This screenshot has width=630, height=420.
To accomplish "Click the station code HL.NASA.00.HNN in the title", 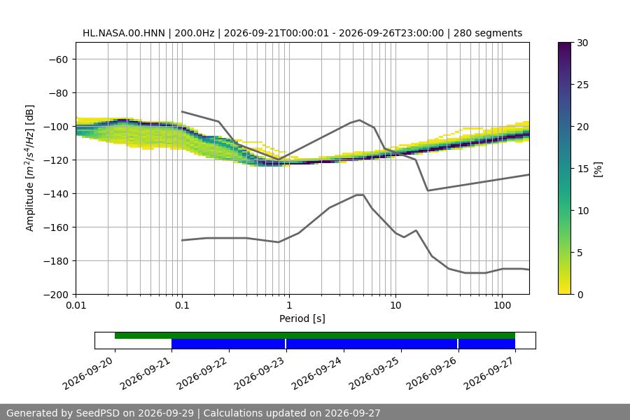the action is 124,33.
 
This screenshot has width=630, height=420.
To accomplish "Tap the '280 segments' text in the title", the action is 488,33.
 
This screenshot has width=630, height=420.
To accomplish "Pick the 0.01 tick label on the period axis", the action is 76,305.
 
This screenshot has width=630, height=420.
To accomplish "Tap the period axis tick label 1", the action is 289,305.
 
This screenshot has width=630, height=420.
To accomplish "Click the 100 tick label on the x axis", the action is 502,305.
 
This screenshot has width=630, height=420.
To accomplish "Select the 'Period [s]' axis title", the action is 302,318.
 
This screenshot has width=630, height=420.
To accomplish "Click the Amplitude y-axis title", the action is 29,168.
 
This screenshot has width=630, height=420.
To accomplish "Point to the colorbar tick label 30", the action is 582,43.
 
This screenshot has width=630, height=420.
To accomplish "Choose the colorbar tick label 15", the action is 582,169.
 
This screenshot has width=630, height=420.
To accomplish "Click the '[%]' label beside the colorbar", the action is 598,169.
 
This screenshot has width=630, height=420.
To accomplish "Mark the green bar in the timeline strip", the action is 315,335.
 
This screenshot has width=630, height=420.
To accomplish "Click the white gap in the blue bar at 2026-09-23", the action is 286,344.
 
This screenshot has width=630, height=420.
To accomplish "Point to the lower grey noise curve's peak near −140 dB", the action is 360,195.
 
